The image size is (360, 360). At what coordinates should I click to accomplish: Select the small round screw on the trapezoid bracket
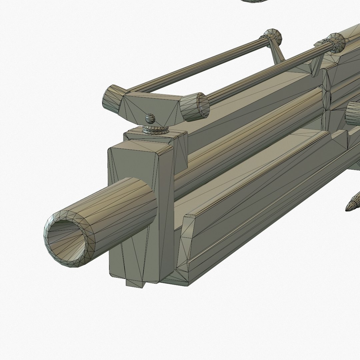150,118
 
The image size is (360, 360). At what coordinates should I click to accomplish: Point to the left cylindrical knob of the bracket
112,98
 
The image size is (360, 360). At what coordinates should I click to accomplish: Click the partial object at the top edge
257,1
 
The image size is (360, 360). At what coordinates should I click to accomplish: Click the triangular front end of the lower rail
187,240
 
